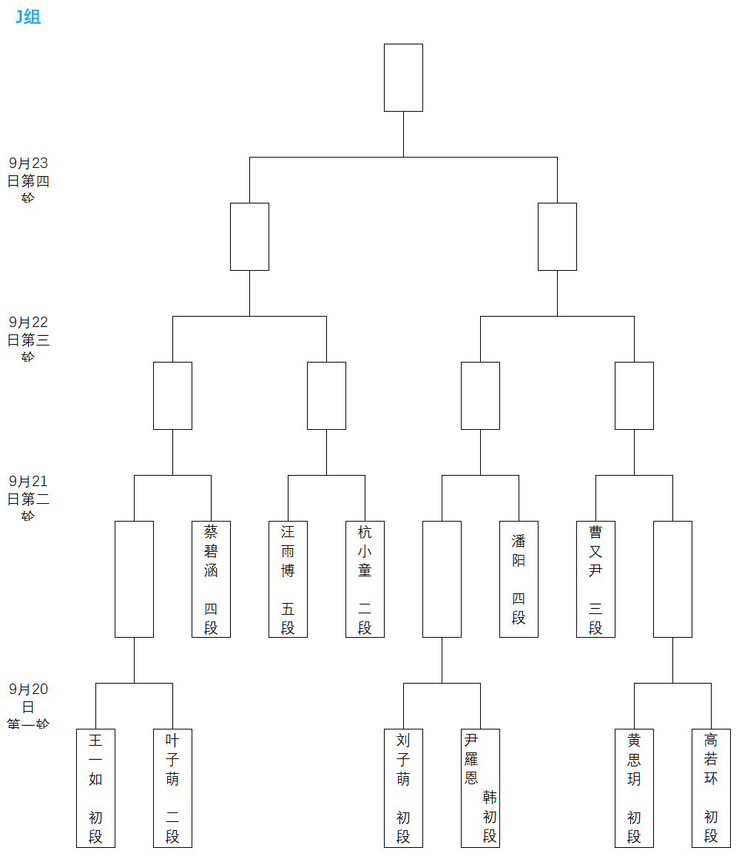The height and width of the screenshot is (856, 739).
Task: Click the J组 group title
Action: click(x=28, y=16)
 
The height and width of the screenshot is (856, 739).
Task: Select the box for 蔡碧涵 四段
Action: click(x=211, y=579)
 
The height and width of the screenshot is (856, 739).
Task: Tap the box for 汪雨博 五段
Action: click(x=288, y=579)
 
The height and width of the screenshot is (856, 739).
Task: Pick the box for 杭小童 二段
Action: click(x=365, y=579)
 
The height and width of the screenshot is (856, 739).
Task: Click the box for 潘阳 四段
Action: click(x=519, y=579)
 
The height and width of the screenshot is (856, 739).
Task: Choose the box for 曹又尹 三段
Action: click(x=595, y=579)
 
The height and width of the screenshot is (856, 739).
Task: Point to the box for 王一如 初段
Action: click(x=95, y=787)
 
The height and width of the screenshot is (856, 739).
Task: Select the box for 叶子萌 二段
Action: click(x=172, y=787)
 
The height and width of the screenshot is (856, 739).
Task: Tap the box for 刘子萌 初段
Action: click(x=403, y=787)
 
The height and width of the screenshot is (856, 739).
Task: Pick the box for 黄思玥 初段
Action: click(x=634, y=787)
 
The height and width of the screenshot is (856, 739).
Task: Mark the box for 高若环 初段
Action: click(x=711, y=787)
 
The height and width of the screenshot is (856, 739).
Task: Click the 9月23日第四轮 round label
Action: click(x=28, y=181)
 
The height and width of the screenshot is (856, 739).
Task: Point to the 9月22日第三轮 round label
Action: click(x=28, y=340)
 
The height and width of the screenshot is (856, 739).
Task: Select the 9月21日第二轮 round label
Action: click(x=28, y=499)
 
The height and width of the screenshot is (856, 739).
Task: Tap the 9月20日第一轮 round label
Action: click(x=28, y=707)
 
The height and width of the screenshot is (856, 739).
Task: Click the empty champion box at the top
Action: click(x=403, y=78)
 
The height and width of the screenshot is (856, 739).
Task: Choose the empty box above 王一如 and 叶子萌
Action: click(x=134, y=579)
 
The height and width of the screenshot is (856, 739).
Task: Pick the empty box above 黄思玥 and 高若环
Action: click(x=672, y=579)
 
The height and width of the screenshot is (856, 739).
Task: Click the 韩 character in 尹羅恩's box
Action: click(x=490, y=797)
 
